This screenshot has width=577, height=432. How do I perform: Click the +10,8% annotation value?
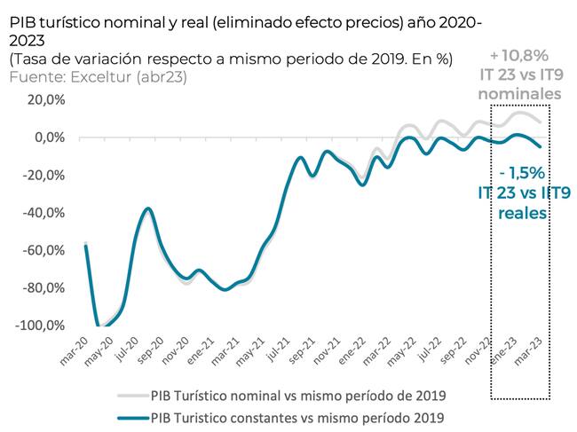coord(519,57)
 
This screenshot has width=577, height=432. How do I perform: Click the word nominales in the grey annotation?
coord(519,94)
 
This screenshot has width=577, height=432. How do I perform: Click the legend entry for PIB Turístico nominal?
coord(297,395)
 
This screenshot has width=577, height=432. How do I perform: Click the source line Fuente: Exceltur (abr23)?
coord(99,76)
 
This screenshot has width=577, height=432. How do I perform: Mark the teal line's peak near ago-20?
coord(147,209)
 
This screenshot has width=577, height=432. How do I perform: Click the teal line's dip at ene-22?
coord(361,185)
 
